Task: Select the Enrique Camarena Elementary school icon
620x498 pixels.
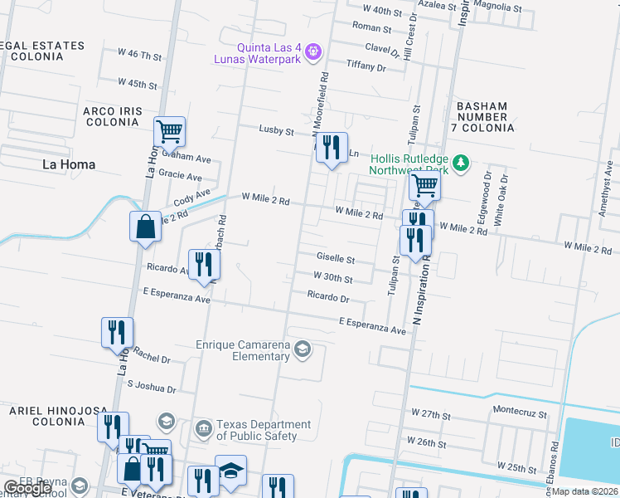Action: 303,350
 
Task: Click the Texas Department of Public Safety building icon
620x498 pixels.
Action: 203,429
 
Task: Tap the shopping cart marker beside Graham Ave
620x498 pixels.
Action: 169,131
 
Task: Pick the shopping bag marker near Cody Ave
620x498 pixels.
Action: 145,226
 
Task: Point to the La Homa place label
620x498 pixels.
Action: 69,164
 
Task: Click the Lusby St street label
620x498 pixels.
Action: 276,131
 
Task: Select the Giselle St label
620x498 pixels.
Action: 335,259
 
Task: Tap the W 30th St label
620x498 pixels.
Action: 332,278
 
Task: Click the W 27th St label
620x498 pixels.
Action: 430,414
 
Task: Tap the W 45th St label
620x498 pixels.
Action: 137,84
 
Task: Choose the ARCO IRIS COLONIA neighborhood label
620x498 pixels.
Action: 113,116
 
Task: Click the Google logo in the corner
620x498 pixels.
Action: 27,488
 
